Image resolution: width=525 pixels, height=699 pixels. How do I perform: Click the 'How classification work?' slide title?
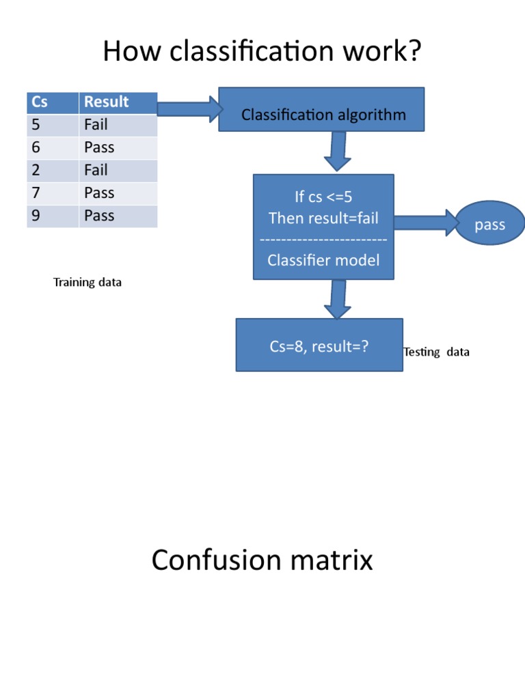(262, 52)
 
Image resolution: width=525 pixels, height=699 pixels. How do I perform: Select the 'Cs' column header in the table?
(53, 102)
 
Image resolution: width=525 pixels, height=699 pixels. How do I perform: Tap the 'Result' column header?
(118, 102)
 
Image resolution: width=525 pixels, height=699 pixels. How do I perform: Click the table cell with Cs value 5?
(53, 125)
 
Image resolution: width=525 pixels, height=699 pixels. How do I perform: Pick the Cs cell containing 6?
(53, 147)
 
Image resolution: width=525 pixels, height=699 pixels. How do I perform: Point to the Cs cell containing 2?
(53, 170)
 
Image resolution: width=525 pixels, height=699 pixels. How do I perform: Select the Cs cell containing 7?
(53, 193)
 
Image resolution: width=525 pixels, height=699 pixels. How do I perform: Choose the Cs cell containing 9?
(53, 216)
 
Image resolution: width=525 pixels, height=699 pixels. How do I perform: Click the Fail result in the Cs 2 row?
(118, 170)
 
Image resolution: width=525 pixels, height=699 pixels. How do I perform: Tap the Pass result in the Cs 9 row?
(118, 216)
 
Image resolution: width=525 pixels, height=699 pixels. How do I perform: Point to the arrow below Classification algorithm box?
(338, 151)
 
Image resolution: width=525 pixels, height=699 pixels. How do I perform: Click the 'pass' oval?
(489, 225)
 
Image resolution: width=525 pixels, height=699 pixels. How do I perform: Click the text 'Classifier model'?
(323, 260)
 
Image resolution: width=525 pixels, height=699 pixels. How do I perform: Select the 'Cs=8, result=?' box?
(319, 345)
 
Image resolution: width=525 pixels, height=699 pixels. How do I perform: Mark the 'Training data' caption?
(87, 282)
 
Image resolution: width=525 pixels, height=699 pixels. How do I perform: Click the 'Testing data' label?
(437, 352)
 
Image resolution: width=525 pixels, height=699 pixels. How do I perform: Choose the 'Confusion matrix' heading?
(262, 560)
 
